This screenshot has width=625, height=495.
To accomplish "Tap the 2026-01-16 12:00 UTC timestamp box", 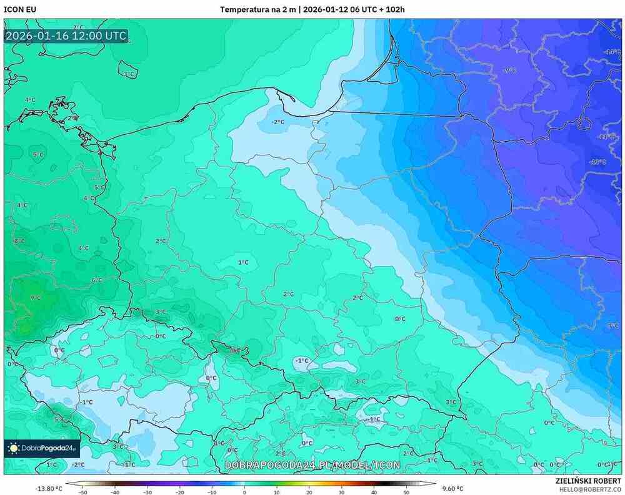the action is click(66, 36).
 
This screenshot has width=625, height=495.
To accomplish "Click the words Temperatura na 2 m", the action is click(257, 9).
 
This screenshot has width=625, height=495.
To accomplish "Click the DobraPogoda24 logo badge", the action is click(41, 448).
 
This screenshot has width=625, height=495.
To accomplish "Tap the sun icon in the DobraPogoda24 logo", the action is click(13, 448).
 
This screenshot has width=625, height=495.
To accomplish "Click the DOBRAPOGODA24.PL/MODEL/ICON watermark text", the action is click(312, 466).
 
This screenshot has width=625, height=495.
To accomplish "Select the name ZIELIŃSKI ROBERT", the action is click(588, 481).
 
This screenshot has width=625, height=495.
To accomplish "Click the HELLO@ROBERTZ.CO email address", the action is click(588, 489).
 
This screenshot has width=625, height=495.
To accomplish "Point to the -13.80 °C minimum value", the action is click(48, 488).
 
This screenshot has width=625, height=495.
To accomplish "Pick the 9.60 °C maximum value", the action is click(452, 488).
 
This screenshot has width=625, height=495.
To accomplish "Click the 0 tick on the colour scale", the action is click(244, 492).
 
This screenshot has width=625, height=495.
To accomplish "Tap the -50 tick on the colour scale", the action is click(82, 492).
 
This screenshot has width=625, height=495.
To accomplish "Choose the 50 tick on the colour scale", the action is click(406, 492).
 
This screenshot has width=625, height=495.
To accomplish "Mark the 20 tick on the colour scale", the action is click(309, 492).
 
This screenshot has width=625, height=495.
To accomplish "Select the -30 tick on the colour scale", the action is click(147, 492).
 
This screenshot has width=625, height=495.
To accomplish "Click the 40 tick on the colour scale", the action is click(374, 492).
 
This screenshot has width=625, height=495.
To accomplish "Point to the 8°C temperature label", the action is click(19, 240).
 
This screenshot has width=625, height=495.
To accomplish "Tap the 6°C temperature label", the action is click(97, 280).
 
